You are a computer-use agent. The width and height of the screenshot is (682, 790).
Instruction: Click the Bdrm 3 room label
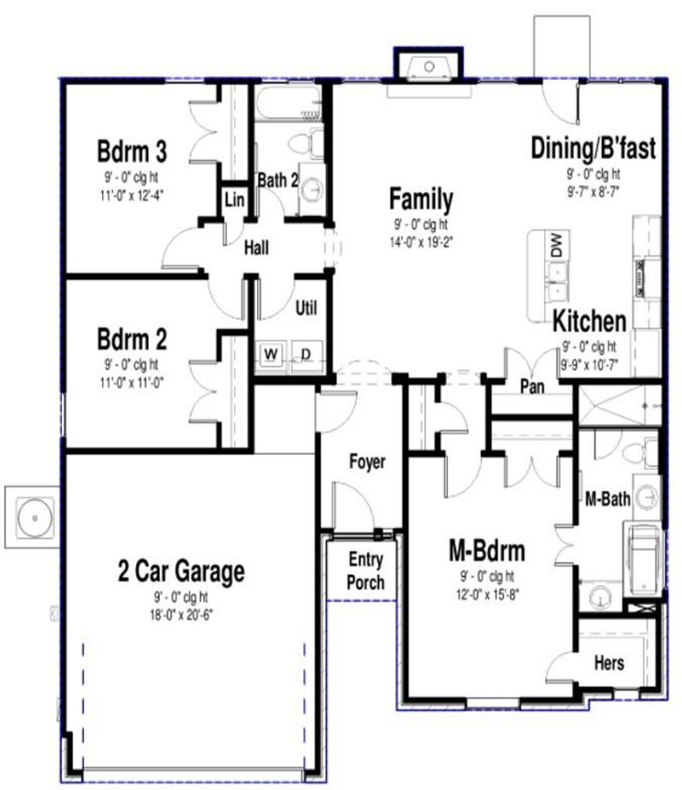coord(132,152)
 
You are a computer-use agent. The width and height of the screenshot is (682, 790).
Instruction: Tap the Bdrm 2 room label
coord(132,340)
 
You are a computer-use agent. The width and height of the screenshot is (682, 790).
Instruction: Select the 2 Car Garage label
coord(180,572)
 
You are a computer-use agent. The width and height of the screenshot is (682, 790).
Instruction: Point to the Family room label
coord(421,199)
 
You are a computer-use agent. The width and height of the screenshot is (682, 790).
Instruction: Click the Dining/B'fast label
coord(593,148)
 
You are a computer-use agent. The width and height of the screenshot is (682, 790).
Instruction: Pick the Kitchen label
coord(589,321)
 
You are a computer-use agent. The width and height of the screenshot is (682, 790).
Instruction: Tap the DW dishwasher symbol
coord(557,246)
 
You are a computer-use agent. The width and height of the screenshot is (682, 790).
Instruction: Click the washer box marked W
coord(271,353)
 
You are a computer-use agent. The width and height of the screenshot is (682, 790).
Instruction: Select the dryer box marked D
coord(306,353)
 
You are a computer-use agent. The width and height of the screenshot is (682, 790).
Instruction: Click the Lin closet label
coord(234,199)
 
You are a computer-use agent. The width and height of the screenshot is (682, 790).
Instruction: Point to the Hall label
coord(256,248)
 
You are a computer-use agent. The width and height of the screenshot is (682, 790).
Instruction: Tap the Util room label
coord(306,308)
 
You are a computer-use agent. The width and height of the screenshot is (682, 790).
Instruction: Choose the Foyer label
coord(367,462)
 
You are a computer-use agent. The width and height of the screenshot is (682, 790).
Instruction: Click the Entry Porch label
coord(365,572)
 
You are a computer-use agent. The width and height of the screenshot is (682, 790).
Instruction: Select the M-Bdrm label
coord(487,552)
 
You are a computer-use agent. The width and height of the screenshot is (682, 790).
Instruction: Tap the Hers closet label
coord(609,662)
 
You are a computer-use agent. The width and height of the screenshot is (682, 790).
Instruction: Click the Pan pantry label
coord(532,386)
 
